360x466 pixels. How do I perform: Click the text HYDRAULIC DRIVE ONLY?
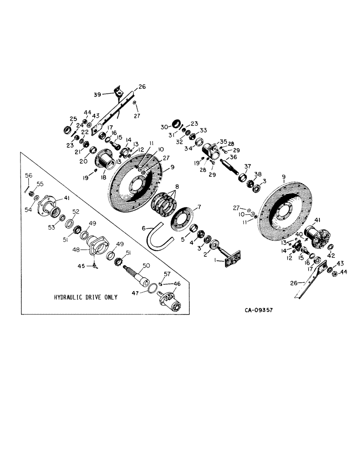[86, 297]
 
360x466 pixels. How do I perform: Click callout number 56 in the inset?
[28, 175]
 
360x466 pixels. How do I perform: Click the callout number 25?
[61, 118]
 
